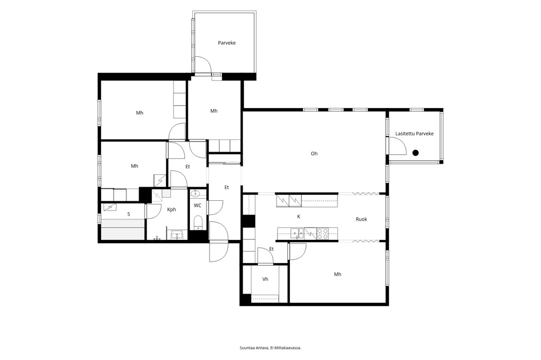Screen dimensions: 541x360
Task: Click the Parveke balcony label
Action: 227,43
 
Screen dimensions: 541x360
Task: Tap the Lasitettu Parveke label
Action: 414,134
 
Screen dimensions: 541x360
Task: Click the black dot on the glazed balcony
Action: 416,153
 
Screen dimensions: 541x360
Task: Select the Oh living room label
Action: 314,154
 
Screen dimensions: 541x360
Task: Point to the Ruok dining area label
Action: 361,220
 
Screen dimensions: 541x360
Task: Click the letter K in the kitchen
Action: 299,217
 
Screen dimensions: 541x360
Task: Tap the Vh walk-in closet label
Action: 265,279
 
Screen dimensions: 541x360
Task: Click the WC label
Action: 197,206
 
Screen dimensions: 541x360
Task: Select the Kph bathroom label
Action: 172,209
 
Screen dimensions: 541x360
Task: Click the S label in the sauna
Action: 129,214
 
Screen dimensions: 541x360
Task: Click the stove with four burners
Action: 323,233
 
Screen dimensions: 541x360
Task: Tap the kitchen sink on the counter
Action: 296,233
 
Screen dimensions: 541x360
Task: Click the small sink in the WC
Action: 196,192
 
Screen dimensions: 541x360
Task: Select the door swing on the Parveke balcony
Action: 204,65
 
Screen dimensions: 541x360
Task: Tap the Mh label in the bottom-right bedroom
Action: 337,274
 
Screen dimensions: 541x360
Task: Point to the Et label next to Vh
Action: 272,249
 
